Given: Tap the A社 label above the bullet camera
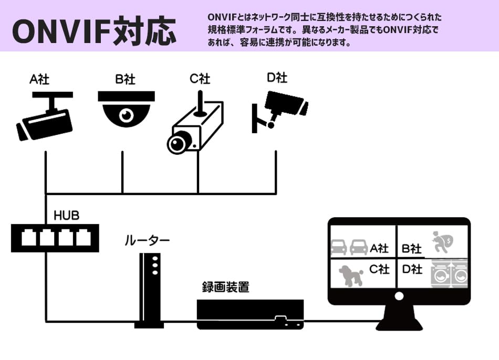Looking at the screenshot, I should [x=39, y=80].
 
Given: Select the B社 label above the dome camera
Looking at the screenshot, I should [x=126, y=80].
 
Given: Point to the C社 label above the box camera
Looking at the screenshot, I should [x=200, y=79].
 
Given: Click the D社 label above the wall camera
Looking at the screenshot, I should [x=277, y=78].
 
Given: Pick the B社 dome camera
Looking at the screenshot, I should [x=127, y=109].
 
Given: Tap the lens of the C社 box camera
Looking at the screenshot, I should [x=179, y=142].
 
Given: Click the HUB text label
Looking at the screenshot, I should [x=67, y=216].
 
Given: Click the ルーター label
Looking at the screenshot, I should [x=147, y=241].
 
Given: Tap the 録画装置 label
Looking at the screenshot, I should [x=226, y=287].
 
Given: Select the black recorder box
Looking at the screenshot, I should [x=251, y=314].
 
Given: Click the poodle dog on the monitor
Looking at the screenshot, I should [x=350, y=274].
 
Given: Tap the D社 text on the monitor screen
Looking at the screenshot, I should [x=412, y=269].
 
